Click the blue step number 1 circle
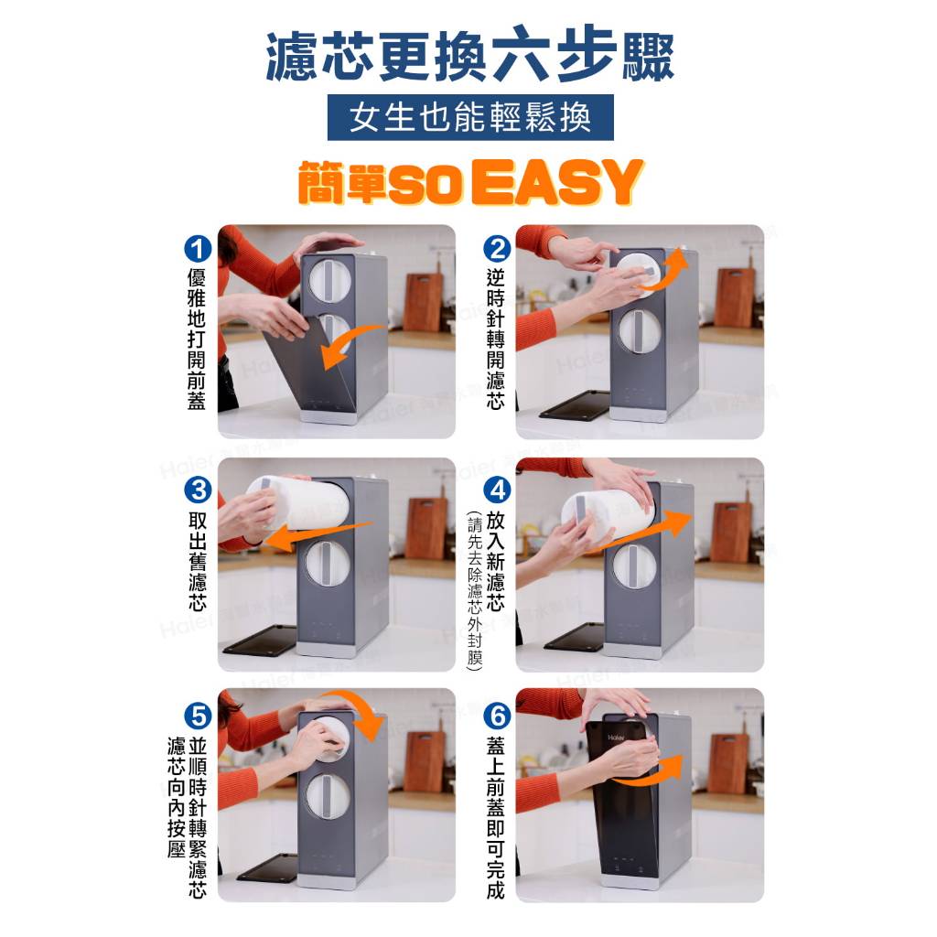point(198,249)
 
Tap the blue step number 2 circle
point(497,249)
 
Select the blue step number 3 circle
point(198,490)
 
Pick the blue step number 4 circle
point(497,490)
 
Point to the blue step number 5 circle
point(198,716)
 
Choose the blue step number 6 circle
point(497,716)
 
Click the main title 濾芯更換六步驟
point(469,55)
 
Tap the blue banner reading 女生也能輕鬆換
point(470,117)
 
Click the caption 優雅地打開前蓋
point(197,339)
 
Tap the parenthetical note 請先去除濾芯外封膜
point(475,589)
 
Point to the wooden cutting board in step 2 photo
point(735,297)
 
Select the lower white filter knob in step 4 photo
point(635,566)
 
